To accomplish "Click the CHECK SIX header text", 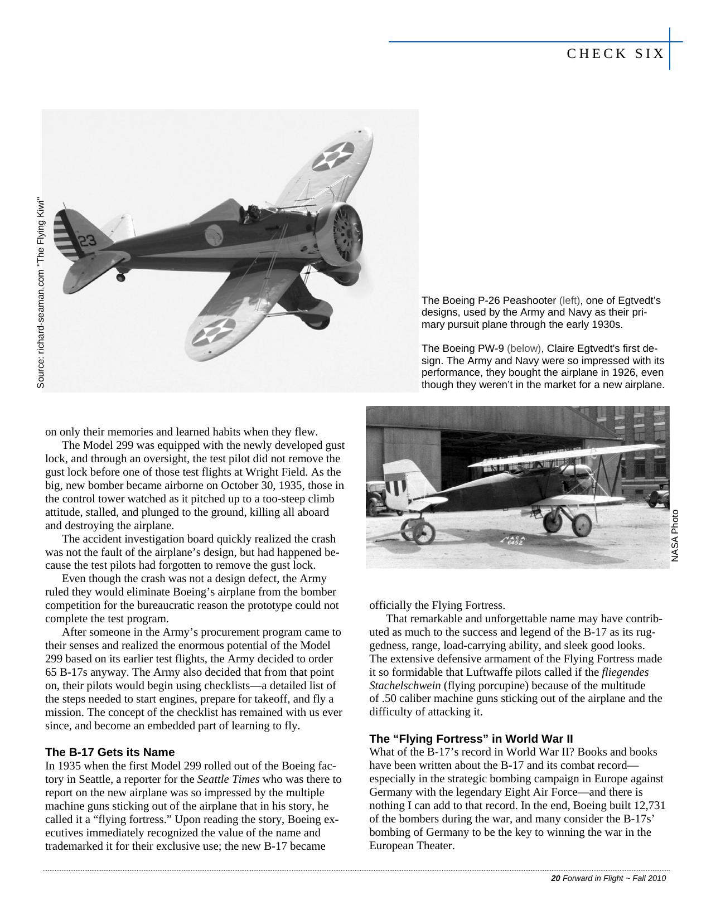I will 616,54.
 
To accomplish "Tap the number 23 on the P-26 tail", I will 88,241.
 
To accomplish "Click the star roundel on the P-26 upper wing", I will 333,156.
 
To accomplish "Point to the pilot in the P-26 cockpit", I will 252,213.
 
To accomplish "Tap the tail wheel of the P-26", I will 120,277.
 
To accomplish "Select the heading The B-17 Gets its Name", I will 110,752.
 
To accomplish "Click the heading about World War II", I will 471,739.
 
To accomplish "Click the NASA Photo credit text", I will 675,536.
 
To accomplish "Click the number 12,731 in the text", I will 646,805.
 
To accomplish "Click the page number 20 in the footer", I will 555,878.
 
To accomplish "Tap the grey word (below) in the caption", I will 524,348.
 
